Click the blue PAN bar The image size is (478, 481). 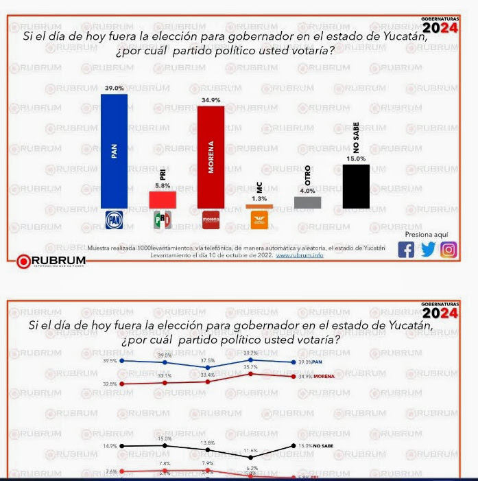(114, 151)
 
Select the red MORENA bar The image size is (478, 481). (211, 157)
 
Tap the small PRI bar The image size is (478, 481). (163, 199)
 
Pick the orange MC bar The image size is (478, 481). (259, 206)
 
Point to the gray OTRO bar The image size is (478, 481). (307, 202)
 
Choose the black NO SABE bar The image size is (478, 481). (356, 186)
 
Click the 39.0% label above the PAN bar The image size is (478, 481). (114, 89)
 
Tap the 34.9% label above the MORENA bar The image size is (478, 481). (210, 100)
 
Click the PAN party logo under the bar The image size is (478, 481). (114, 220)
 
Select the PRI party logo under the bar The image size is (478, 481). (163, 220)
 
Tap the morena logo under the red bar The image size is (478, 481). (211, 220)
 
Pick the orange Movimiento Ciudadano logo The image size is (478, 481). (259, 220)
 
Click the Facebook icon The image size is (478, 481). (406, 250)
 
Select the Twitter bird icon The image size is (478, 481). (428, 250)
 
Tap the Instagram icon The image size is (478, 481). (449, 250)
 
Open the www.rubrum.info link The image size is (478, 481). (300, 255)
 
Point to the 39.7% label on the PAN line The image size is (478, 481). (252, 353)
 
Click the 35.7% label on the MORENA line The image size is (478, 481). (252, 367)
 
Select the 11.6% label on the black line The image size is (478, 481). (250, 450)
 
